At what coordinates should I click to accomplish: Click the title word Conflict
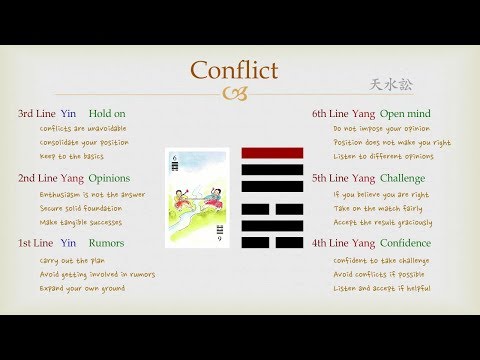(x=235, y=71)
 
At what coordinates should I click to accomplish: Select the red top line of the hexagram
(x=272, y=153)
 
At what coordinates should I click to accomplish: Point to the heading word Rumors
(x=106, y=242)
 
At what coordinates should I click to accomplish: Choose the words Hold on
(x=107, y=113)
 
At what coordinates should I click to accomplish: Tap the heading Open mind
(x=405, y=113)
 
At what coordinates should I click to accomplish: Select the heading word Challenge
(x=403, y=178)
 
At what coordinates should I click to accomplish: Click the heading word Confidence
(x=405, y=242)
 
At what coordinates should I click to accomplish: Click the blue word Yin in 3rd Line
(x=68, y=113)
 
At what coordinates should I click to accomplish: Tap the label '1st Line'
(x=35, y=242)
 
